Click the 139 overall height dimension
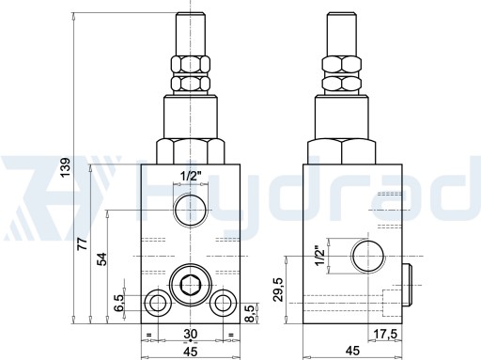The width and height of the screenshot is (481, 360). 66,167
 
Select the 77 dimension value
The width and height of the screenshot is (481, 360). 83,243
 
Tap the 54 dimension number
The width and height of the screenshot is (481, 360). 101,259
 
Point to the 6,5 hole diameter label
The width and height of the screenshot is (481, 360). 119,303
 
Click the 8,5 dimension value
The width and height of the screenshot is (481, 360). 249,314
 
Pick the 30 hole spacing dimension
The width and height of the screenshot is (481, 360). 190,334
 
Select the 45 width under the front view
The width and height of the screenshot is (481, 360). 190,352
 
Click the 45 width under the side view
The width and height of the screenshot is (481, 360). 352,351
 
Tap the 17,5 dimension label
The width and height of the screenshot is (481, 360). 385,334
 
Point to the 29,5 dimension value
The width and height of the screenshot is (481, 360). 278,290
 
